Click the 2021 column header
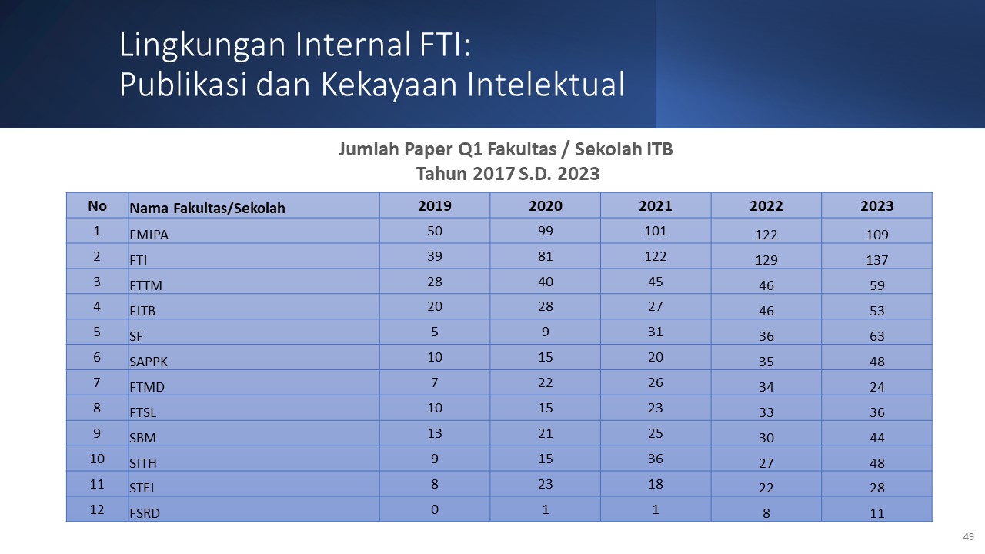tap(655, 205)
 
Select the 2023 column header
tap(876, 205)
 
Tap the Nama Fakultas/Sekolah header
tap(207, 208)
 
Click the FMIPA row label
tap(149, 235)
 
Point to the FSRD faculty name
tap(144, 513)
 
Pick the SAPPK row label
tap(149, 362)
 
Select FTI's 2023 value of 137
tap(876, 260)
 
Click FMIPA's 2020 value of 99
tap(546, 231)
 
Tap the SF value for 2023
tap(876, 336)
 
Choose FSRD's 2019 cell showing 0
tap(435, 509)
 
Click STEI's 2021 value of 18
tap(655, 484)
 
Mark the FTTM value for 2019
tap(435, 282)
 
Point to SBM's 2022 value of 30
tap(766, 438)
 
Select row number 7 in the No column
tap(97, 382)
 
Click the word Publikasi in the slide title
tap(183, 84)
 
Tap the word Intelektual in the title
tap(546, 84)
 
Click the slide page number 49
tap(968, 536)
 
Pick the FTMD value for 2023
tap(876, 387)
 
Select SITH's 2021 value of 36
tap(655, 459)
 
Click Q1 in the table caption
tap(470, 149)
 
